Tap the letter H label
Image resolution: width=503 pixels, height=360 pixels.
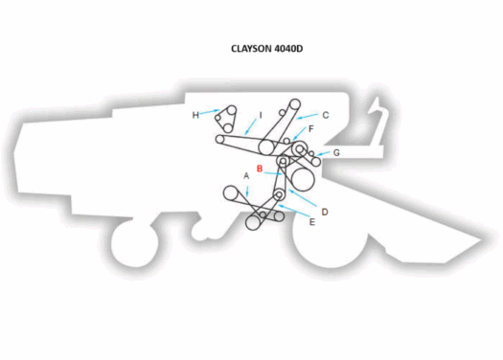pos(195,115)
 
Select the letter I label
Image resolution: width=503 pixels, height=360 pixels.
pos(260,115)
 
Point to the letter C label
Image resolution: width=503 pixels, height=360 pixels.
pos(326,115)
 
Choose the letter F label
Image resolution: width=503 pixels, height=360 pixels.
pos(311,128)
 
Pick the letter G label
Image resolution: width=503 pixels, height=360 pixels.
pos(336,152)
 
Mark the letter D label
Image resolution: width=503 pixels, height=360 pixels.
pos(325,212)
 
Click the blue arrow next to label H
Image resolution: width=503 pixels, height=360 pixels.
pos(208,113)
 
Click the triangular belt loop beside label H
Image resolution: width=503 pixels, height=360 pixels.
pos(227,118)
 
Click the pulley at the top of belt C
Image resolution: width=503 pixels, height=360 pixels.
pos(295,103)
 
